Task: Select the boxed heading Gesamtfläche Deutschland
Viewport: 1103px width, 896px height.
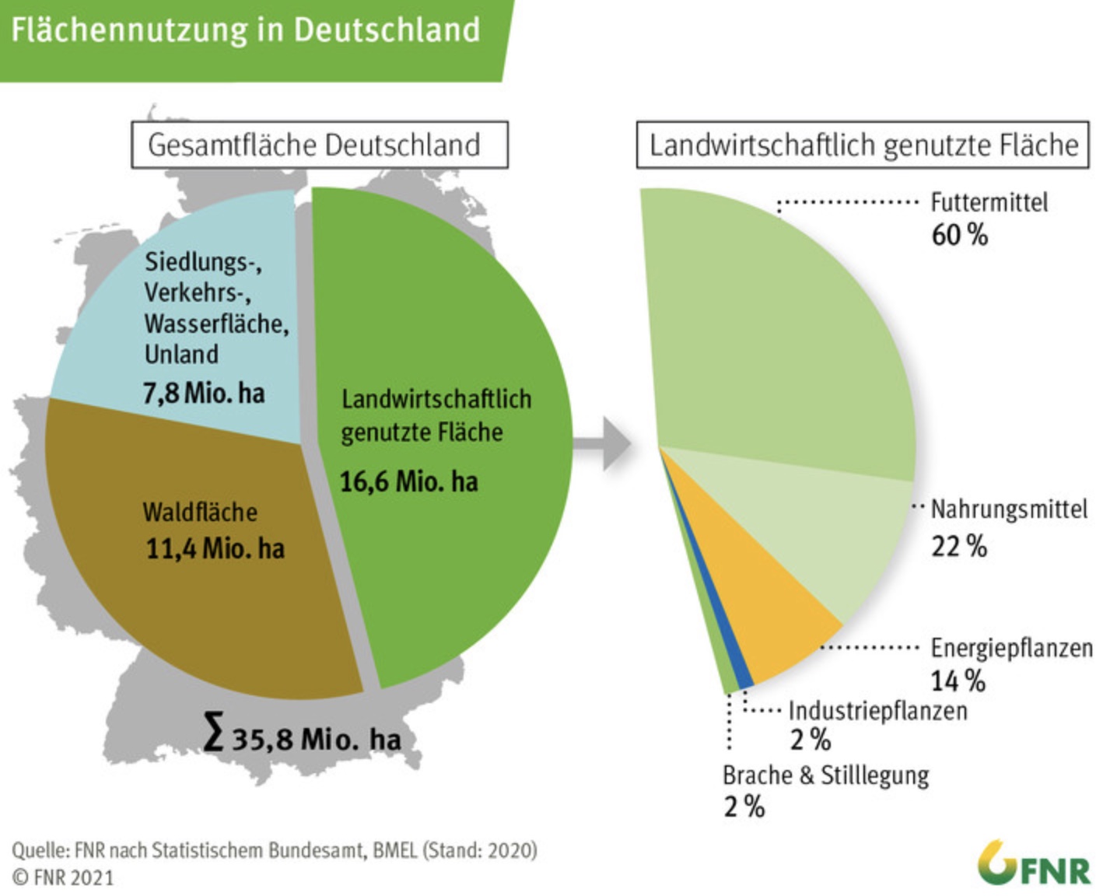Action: pyautogui.click(x=319, y=145)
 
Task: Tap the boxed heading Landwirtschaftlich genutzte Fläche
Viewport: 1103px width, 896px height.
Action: pyautogui.click(x=863, y=145)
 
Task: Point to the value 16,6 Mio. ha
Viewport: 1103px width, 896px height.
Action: pyautogui.click(x=409, y=481)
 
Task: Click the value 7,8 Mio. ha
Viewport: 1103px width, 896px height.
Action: pyautogui.click(x=204, y=392)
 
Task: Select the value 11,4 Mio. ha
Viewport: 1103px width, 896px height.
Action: pyautogui.click(x=215, y=548)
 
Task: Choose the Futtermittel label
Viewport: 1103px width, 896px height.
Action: pyautogui.click(x=989, y=202)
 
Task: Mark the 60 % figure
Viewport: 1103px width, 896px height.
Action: pyautogui.click(x=960, y=234)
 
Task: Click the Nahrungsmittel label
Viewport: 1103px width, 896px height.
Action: pyautogui.click(x=1009, y=509)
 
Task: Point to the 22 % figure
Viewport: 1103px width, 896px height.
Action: pyautogui.click(x=959, y=546)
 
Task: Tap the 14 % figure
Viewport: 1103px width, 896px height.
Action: pyautogui.click(x=958, y=681)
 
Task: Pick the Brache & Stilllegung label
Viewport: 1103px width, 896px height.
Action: pyautogui.click(x=825, y=775)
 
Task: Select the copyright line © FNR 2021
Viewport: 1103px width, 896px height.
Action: pyautogui.click(x=63, y=878)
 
